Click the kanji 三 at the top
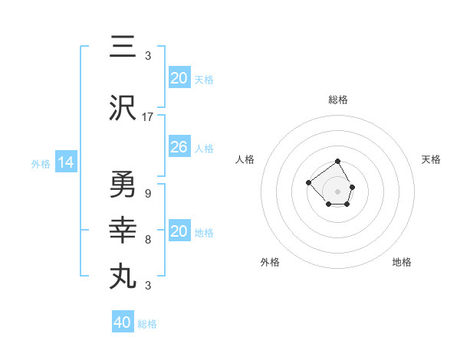tap(123, 47)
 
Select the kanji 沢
tap(123, 109)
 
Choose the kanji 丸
tap(123, 275)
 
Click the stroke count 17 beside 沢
tap(148, 117)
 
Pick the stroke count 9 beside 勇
tap(147, 194)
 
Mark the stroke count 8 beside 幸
tap(147, 240)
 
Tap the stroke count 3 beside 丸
tap(147, 286)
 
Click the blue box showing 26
tap(179, 147)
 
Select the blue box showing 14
tap(65, 162)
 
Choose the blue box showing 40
tap(123, 322)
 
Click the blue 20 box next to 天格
tap(179, 77)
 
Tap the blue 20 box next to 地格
tap(179, 231)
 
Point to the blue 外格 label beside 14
tap(41, 163)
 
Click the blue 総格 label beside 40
tap(147, 324)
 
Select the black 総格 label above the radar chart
tap(338, 100)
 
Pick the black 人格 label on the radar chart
tap(245, 159)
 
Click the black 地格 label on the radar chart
tap(402, 262)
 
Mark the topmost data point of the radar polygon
tap(338, 161)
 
